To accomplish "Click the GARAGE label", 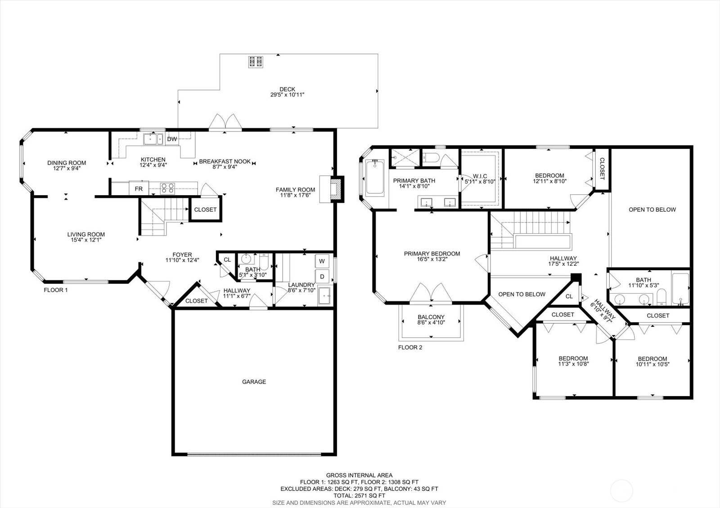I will tap(254, 382).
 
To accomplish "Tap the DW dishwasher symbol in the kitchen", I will tap(172, 139).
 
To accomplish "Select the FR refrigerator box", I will tap(139, 189).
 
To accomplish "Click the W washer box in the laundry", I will tap(322, 261).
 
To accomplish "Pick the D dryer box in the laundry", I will tap(322, 276).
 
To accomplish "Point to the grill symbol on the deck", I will tap(256, 62).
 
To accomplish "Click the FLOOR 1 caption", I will tap(56, 290).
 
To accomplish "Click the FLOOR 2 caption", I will tap(410, 348).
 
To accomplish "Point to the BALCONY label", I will tap(431, 317).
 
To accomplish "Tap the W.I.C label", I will tap(480, 176).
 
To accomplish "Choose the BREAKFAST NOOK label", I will tap(225, 161).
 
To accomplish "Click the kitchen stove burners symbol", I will tap(168, 187).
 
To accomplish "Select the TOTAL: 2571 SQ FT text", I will tap(359, 495).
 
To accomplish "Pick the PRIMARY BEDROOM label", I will tap(432, 254).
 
